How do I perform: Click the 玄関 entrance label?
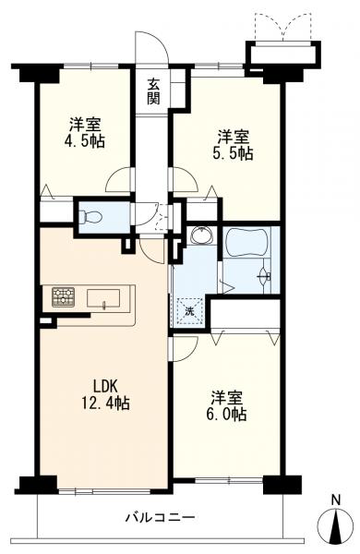(153, 91)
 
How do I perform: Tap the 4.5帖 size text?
(84, 141)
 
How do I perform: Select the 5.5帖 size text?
(233, 153)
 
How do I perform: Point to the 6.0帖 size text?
(226, 414)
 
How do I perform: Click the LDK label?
(105, 386)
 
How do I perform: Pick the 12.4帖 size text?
(105, 403)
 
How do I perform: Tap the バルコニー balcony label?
(161, 518)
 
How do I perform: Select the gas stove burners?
(64, 296)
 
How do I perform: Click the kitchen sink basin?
(103, 298)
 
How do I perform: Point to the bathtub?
(246, 243)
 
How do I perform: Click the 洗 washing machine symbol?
(190, 311)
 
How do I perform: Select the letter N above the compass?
(336, 500)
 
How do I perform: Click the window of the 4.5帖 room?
(90, 66)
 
